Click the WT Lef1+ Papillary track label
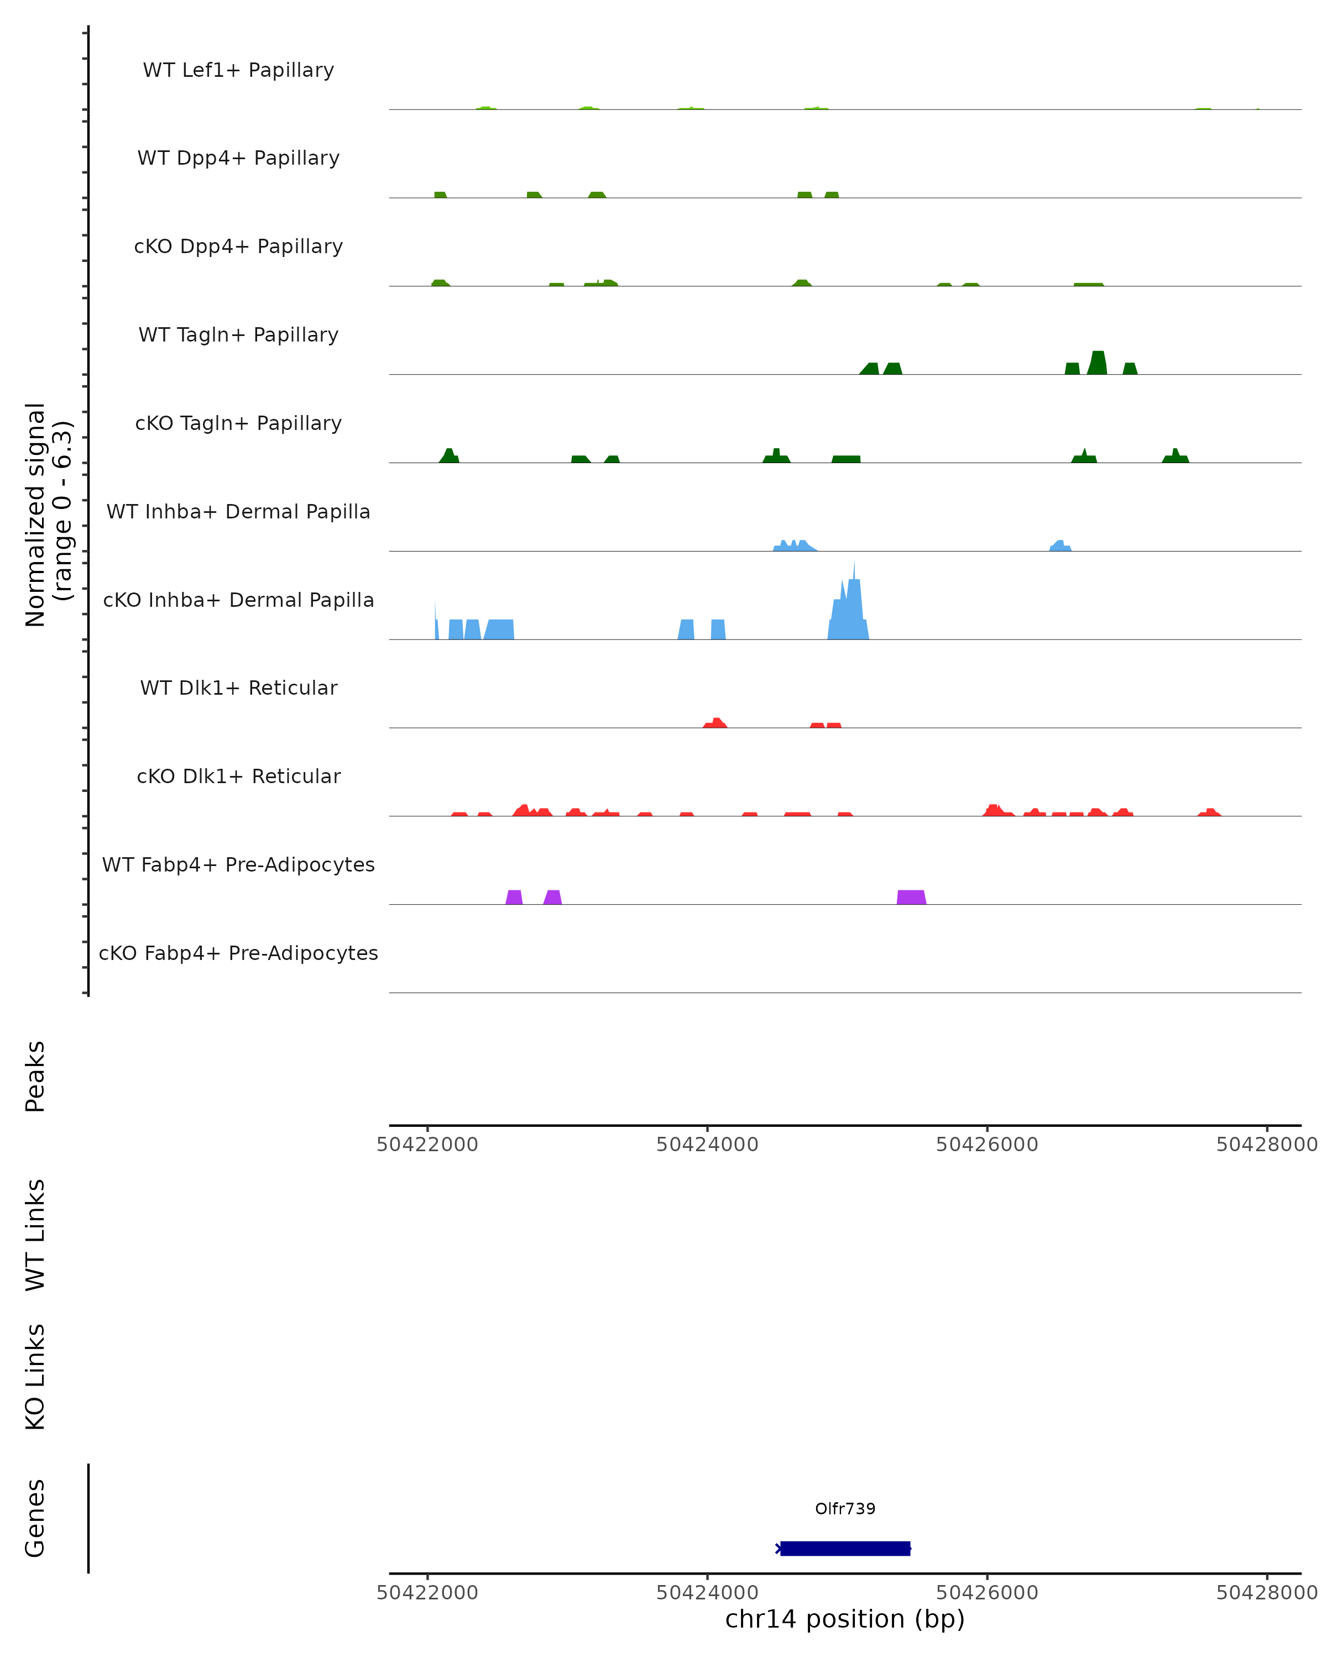click(238, 70)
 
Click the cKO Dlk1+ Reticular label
click(238, 776)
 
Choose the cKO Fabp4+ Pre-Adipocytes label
click(238, 953)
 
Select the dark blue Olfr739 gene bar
click(845, 1548)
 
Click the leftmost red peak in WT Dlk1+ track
click(715, 723)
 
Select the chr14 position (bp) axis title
click(845, 1619)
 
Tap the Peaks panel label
click(35, 1076)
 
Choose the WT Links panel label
click(35, 1234)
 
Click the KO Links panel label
click(35, 1377)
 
